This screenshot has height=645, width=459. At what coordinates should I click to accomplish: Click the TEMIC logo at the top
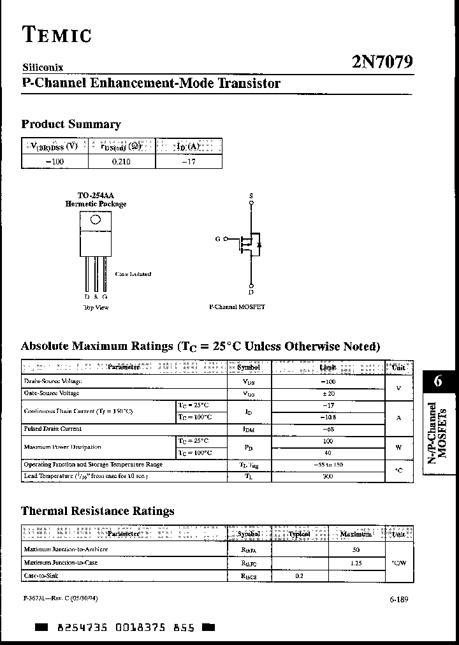point(57,34)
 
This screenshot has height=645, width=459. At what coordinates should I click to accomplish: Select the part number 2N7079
point(382,62)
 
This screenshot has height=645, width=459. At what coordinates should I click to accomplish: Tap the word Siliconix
point(43,67)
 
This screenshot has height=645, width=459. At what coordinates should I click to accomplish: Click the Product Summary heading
point(71,124)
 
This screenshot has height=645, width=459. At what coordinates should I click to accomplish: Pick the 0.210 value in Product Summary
point(121,162)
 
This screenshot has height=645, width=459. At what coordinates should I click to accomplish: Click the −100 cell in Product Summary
point(55,162)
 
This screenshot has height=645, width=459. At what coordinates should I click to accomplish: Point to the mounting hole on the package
point(96,220)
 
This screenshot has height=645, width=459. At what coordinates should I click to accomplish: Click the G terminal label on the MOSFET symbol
point(218,239)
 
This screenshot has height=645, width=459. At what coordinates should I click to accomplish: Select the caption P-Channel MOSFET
point(237,307)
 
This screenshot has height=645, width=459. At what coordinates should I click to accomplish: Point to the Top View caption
point(96,307)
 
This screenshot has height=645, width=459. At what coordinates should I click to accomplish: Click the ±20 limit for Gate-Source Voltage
point(328,394)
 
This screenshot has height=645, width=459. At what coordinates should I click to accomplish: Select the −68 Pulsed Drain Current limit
point(328,429)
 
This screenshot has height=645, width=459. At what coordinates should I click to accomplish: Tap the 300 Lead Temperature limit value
point(328,477)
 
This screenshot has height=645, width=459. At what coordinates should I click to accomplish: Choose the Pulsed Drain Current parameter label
point(53,429)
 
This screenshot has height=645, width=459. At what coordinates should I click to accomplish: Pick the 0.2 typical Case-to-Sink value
point(300,576)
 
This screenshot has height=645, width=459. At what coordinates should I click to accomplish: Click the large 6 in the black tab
point(437,381)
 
